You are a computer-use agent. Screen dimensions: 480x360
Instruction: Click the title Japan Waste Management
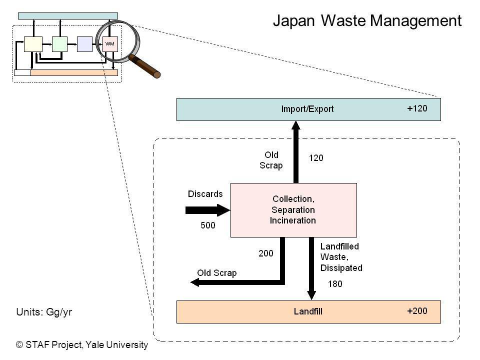point(367,21)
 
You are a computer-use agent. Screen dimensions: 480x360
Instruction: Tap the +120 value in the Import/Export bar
point(417,108)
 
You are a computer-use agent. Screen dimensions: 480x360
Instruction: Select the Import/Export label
point(307,109)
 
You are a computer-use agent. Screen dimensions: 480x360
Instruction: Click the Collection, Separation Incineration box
point(293,210)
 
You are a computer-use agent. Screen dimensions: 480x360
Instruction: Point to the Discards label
point(205,194)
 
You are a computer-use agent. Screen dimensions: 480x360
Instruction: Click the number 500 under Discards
point(208,225)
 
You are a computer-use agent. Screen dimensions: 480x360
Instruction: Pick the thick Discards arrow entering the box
point(208,210)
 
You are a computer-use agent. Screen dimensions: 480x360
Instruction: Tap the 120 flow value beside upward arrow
point(316,158)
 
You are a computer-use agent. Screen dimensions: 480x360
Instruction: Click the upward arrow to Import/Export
point(295,152)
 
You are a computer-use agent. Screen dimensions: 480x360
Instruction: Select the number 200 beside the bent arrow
point(265,253)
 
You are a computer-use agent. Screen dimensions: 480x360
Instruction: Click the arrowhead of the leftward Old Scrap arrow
point(194,282)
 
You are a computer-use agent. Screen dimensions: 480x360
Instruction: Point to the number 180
point(335,284)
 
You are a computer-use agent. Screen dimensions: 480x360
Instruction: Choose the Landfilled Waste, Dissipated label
point(341,257)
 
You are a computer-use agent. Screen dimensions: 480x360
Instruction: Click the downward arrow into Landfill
point(311,268)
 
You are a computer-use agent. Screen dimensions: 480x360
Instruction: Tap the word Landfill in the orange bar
point(308,311)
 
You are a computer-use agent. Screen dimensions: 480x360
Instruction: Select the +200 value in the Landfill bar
point(417,311)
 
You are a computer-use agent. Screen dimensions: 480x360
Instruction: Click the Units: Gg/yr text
point(44,312)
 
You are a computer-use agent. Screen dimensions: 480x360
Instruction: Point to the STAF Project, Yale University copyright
point(82,344)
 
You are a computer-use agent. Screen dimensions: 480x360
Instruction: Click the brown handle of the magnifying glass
point(144,66)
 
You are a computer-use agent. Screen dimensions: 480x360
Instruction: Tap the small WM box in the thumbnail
point(110,44)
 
